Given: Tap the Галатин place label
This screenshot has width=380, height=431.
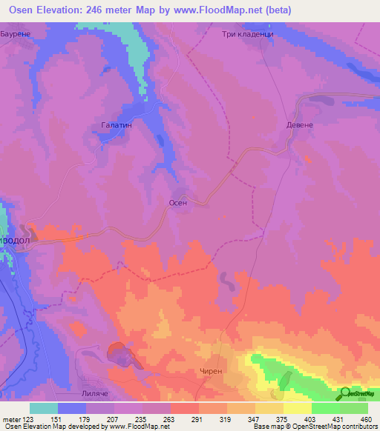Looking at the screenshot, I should (117, 126).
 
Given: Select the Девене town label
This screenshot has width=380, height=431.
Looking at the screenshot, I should (301, 125).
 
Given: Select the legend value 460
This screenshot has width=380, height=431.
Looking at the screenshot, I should (367, 418).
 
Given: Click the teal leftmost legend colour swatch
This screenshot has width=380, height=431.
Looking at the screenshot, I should (44, 408).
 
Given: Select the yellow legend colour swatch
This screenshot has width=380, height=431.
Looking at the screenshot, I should (298, 408).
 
